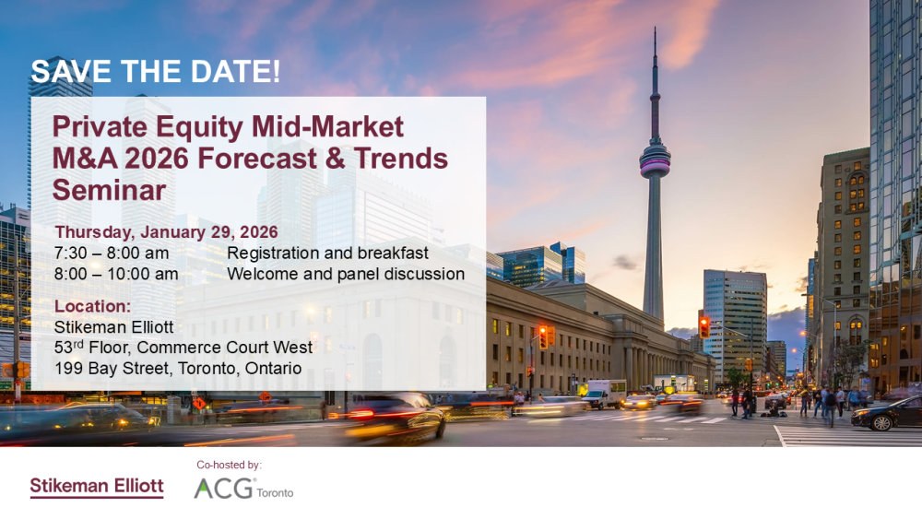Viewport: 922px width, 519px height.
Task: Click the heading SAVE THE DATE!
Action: click(155, 71)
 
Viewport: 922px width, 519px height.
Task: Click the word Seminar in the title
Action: click(110, 190)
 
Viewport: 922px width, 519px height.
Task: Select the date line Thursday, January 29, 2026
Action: click(166, 232)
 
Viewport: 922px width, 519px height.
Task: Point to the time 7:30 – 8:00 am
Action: click(112, 254)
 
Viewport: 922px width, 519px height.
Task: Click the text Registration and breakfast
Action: click(327, 254)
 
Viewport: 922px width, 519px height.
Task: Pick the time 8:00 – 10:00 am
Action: click(116, 274)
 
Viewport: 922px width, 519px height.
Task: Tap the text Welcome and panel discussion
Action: click(346, 274)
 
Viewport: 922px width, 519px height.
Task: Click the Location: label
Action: click(93, 306)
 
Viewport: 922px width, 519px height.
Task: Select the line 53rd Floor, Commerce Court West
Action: click(183, 348)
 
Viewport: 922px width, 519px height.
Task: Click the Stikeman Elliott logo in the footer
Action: click(97, 488)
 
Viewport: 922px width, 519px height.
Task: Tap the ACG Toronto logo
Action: click(243, 489)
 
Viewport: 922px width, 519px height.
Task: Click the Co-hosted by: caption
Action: click(230, 465)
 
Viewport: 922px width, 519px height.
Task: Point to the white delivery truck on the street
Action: click(604, 394)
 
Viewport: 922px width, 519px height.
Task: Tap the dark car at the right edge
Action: click(887, 413)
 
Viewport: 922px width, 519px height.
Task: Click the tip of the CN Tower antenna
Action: click(655, 27)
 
